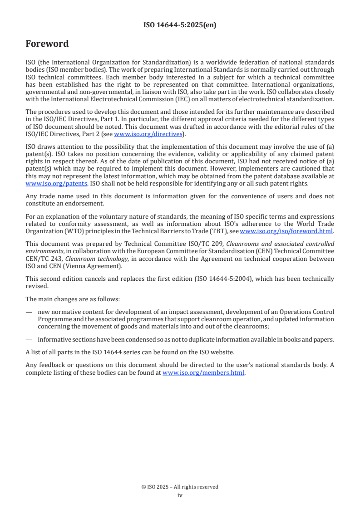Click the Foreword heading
tap(47, 44)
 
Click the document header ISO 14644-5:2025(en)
tap(180, 25)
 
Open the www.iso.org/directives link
tap(148, 134)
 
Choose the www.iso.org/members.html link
tap(203, 373)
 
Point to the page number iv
tap(180, 495)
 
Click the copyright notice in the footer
tap(180, 487)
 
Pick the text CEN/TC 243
tap(44, 259)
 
